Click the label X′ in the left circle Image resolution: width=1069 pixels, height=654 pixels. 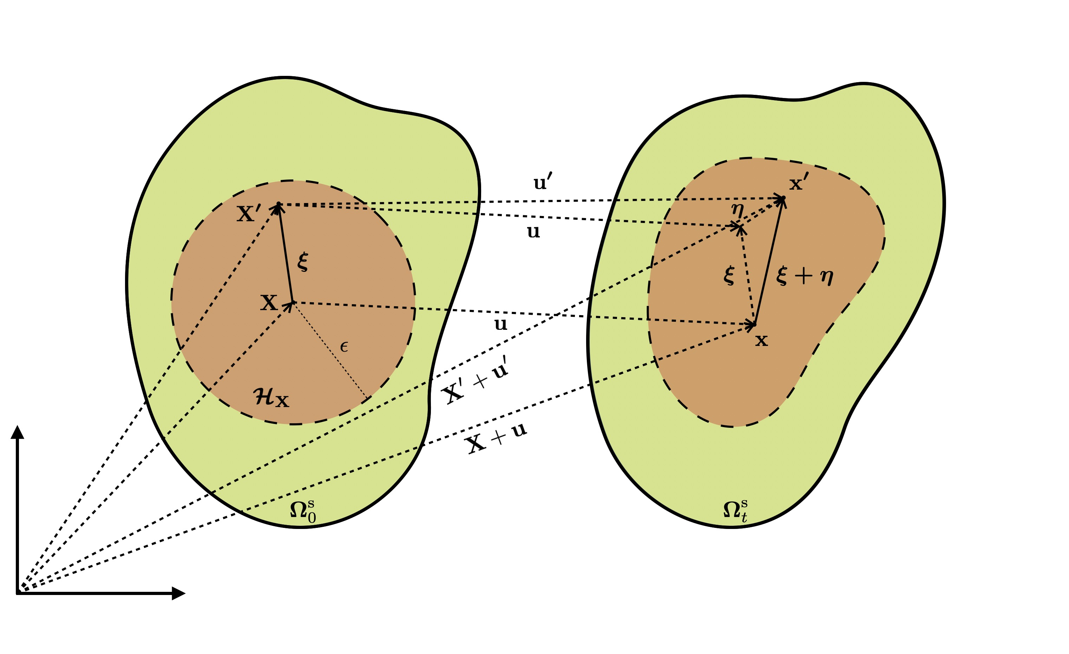pos(249,214)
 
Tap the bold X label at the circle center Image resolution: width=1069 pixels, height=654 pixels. pos(269,302)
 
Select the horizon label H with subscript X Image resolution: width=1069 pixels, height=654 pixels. pos(271,397)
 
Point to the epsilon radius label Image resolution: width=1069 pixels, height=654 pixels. pos(344,347)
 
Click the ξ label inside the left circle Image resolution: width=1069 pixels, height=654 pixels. pos(303,262)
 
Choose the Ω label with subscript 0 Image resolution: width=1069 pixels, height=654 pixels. pos(303,511)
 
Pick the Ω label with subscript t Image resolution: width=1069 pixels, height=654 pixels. pos(735,511)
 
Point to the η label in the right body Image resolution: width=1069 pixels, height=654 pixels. pos(737,210)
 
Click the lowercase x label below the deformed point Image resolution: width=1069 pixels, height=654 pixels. pos(761,341)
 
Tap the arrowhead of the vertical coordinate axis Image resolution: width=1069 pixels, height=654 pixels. pos(17,432)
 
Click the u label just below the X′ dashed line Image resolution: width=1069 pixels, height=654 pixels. pos(533,232)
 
